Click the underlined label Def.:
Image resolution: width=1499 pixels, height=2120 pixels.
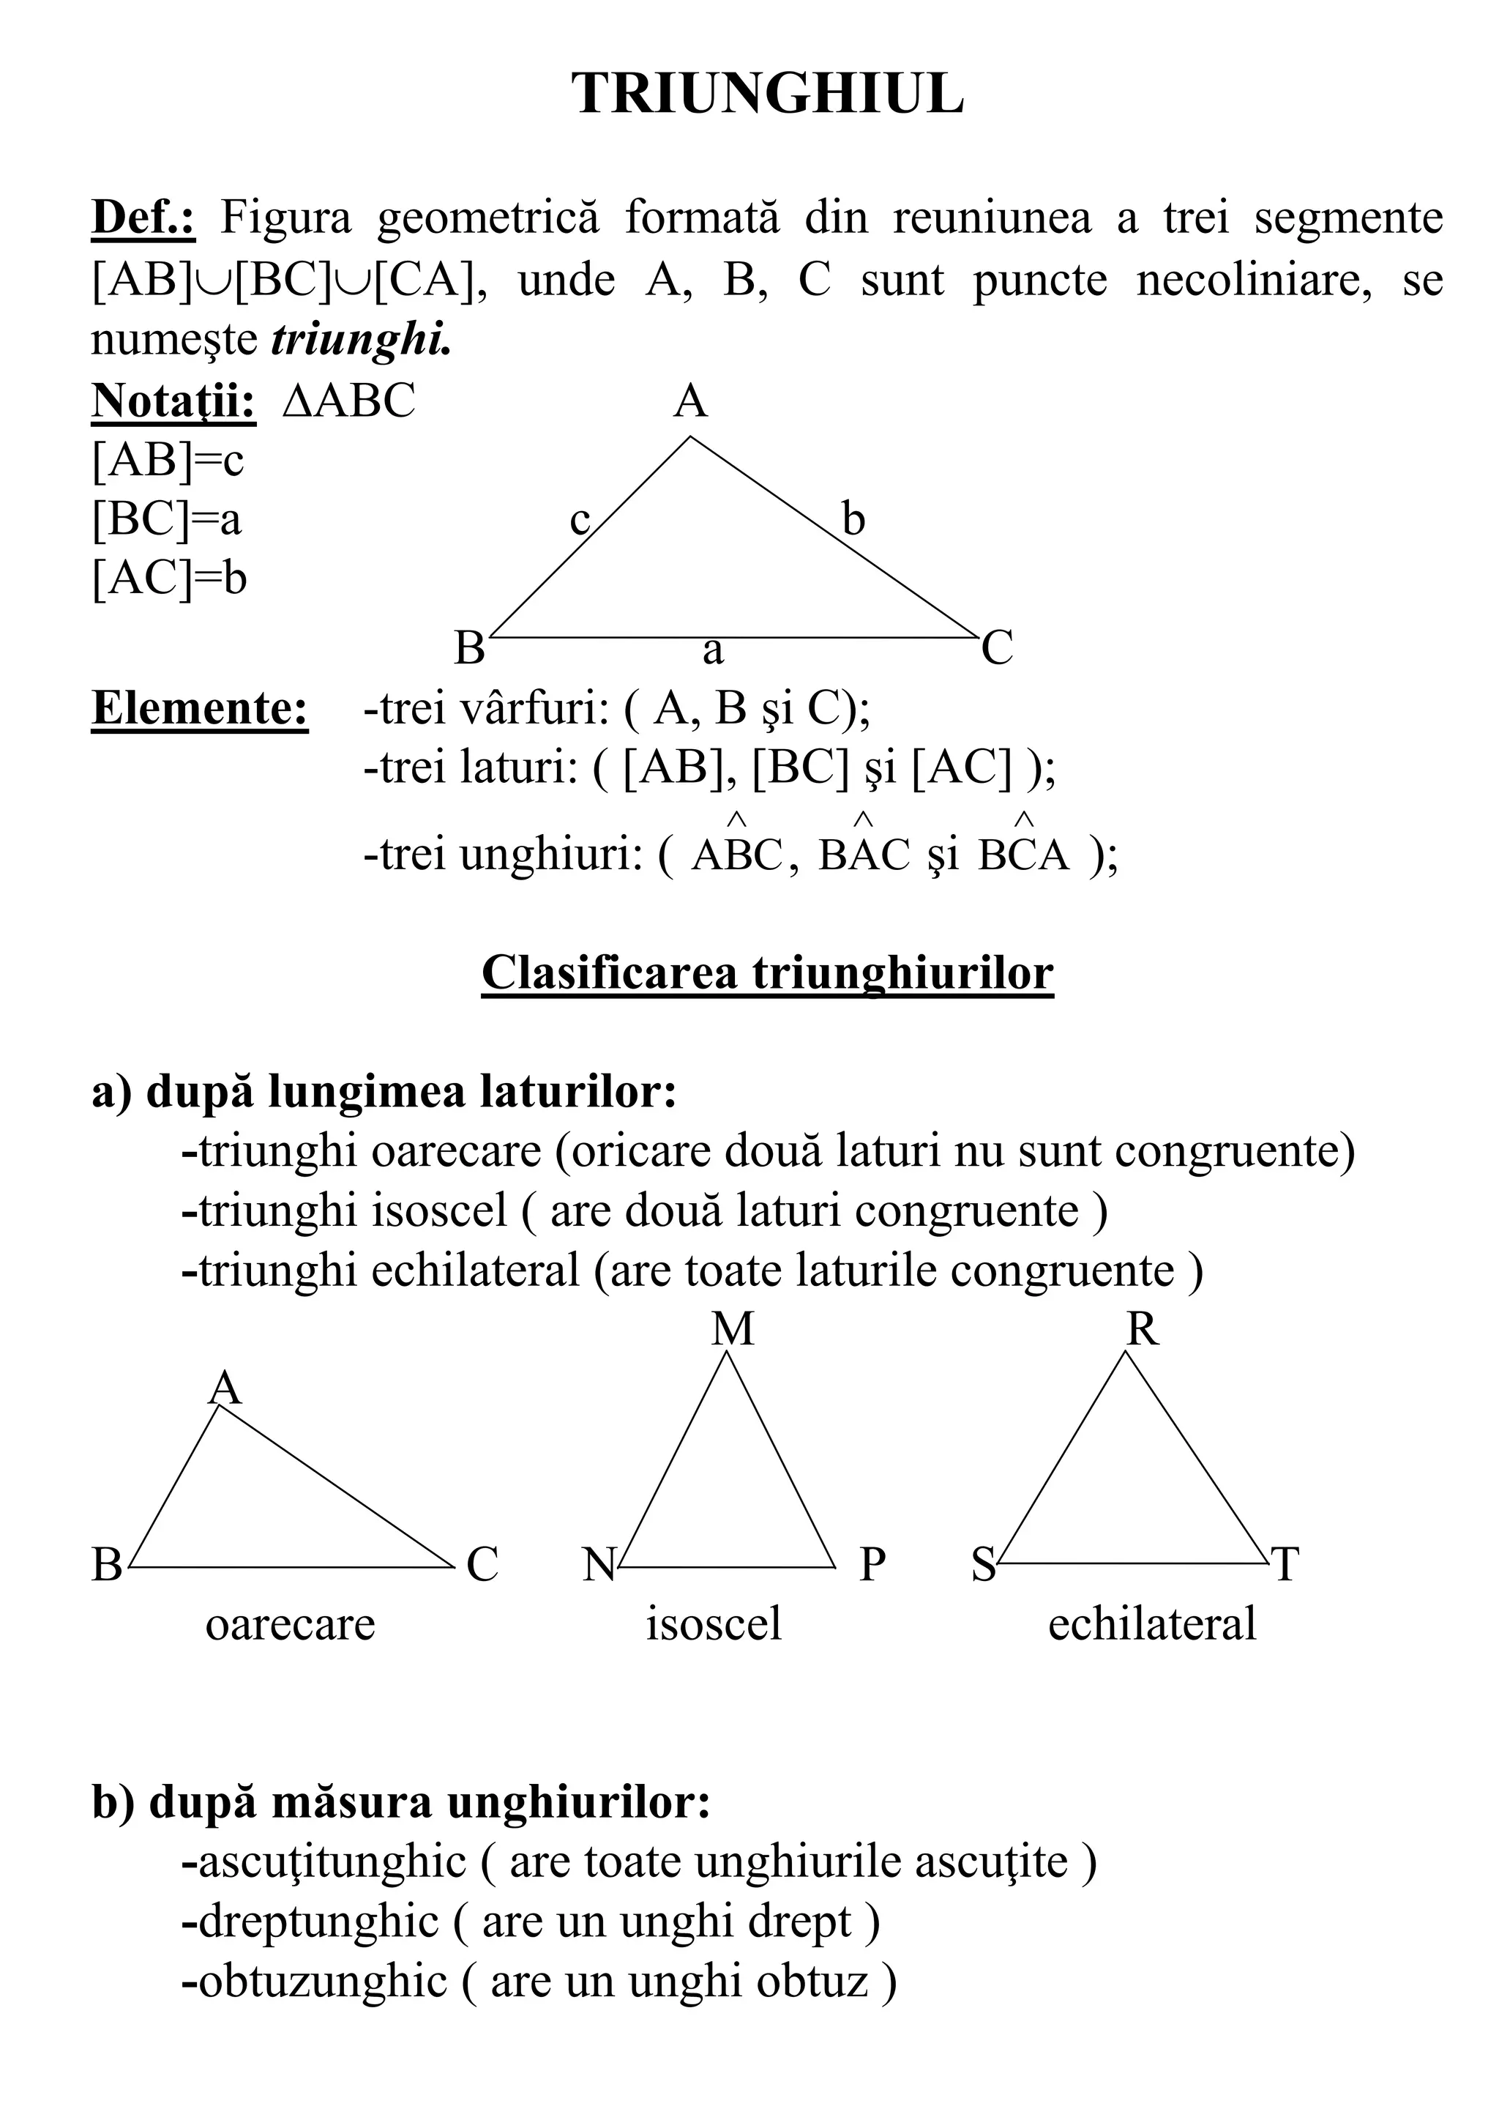click(x=143, y=219)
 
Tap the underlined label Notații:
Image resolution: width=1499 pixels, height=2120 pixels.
click(x=173, y=401)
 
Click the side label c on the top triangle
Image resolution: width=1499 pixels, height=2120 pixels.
click(x=580, y=521)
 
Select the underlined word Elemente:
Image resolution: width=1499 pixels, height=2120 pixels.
click(x=199, y=708)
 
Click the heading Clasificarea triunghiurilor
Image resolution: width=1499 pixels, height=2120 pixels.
click(x=767, y=973)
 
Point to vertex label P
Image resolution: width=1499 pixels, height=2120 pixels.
click(x=872, y=1565)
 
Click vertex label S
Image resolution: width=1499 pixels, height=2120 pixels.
click(x=984, y=1565)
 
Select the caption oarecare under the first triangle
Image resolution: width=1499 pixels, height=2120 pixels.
click(x=290, y=1624)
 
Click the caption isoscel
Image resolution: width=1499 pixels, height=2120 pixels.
click(x=714, y=1624)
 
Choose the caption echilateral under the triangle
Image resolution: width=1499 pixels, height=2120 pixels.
click(x=1152, y=1624)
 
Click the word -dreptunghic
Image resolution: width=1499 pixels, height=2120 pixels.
click(x=309, y=1922)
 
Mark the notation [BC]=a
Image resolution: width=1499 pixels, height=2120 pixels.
click(x=167, y=520)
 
